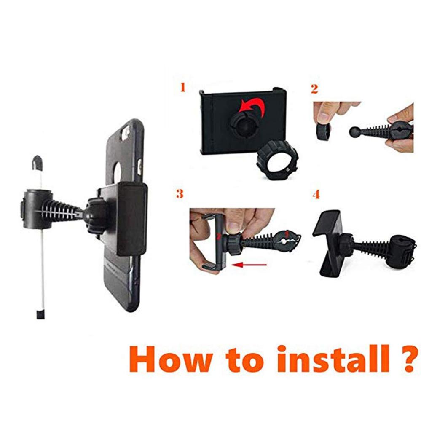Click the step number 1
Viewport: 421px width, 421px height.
[x=183, y=87]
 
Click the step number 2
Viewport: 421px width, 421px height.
[x=314, y=89]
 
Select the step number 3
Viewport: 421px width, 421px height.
[x=180, y=193]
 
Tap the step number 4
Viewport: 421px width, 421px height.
[x=316, y=194]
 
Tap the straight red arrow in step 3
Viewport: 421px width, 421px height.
[x=249, y=265]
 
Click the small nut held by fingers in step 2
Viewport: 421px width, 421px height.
[x=323, y=131]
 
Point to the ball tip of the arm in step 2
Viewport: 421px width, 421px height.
[x=354, y=132]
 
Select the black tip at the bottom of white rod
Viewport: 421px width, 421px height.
[x=40, y=315]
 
